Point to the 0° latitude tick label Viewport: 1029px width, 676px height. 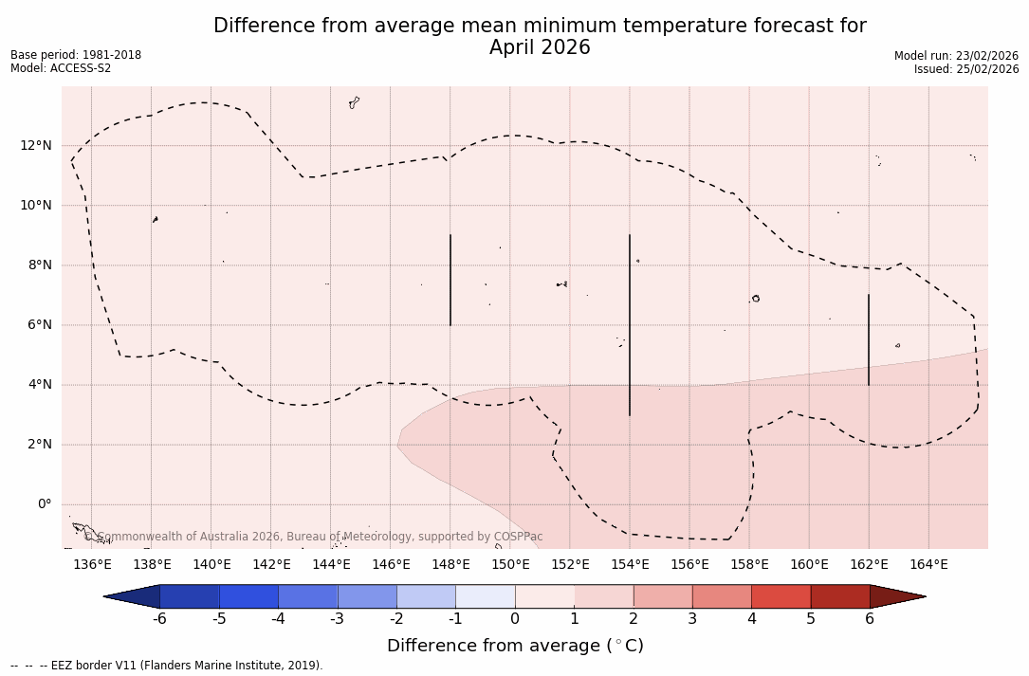[x=44, y=504]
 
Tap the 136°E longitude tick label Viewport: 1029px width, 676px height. [x=92, y=565]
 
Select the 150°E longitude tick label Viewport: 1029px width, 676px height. [x=510, y=565]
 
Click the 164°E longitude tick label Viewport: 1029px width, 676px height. [x=928, y=565]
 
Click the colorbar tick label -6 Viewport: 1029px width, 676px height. [x=159, y=619]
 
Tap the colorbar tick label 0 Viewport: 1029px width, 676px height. [x=515, y=619]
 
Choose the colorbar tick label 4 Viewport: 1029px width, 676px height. [x=751, y=619]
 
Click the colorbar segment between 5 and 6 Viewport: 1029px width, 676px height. [x=839, y=596]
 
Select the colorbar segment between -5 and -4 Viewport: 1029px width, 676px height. [x=248, y=596]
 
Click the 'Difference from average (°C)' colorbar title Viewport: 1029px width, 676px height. [x=515, y=646]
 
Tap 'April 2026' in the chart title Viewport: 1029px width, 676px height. [x=540, y=47]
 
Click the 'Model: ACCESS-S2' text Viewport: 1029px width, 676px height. [x=61, y=68]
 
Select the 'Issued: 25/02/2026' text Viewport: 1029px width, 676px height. [x=965, y=69]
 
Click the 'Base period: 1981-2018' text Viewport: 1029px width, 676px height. [x=76, y=55]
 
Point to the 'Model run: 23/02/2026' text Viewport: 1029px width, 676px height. [x=956, y=56]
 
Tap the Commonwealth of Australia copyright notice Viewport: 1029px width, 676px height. [x=313, y=537]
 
